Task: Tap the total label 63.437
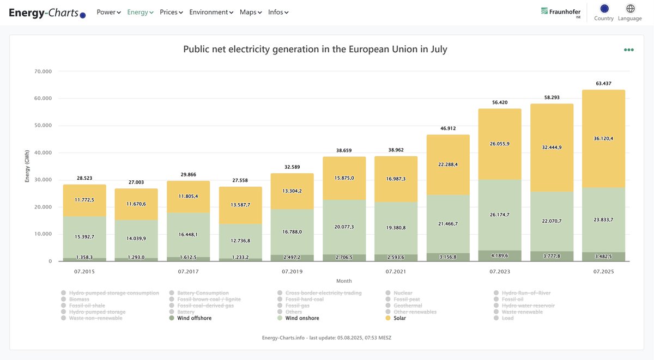click(x=603, y=84)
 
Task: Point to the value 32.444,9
click(x=552, y=147)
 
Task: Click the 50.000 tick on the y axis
click(x=43, y=125)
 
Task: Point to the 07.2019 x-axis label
click(x=293, y=271)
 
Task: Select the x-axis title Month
click(x=344, y=281)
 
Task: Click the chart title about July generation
click(x=315, y=50)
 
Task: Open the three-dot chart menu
click(x=629, y=50)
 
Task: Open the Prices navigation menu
click(x=171, y=12)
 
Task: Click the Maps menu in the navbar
click(x=251, y=12)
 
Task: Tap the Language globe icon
click(x=630, y=9)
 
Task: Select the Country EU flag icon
click(x=604, y=9)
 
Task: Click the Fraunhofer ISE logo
click(x=560, y=12)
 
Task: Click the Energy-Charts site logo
click(x=47, y=13)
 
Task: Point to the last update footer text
click(x=326, y=338)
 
